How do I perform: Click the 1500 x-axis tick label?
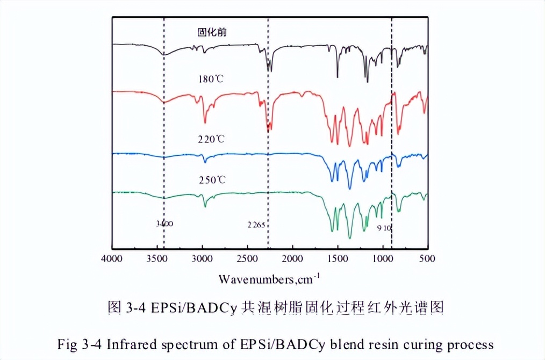[x=338, y=258]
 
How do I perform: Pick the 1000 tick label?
[x=383, y=258]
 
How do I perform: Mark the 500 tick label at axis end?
[x=427, y=258]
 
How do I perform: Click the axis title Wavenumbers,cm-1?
[x=269, y=279]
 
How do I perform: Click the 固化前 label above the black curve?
[x=211, y=32]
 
